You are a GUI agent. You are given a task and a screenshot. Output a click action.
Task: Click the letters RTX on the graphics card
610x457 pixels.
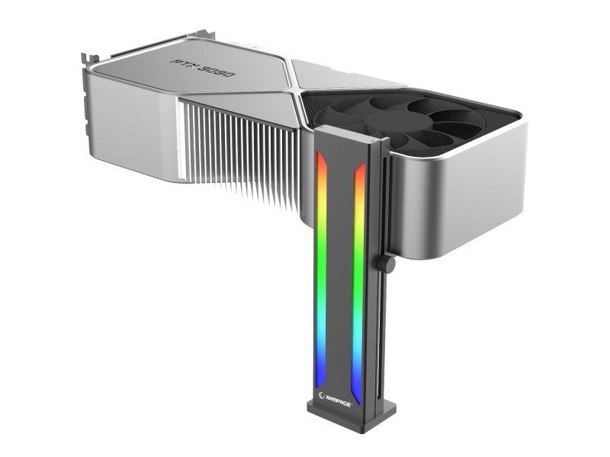[183, 65]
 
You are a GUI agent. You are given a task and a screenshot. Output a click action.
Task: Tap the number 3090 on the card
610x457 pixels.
[216, 70]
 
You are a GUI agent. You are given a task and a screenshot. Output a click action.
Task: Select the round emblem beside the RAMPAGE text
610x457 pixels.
[322, 395]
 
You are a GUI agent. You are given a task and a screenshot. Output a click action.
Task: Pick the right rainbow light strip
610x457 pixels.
[358, 283]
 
